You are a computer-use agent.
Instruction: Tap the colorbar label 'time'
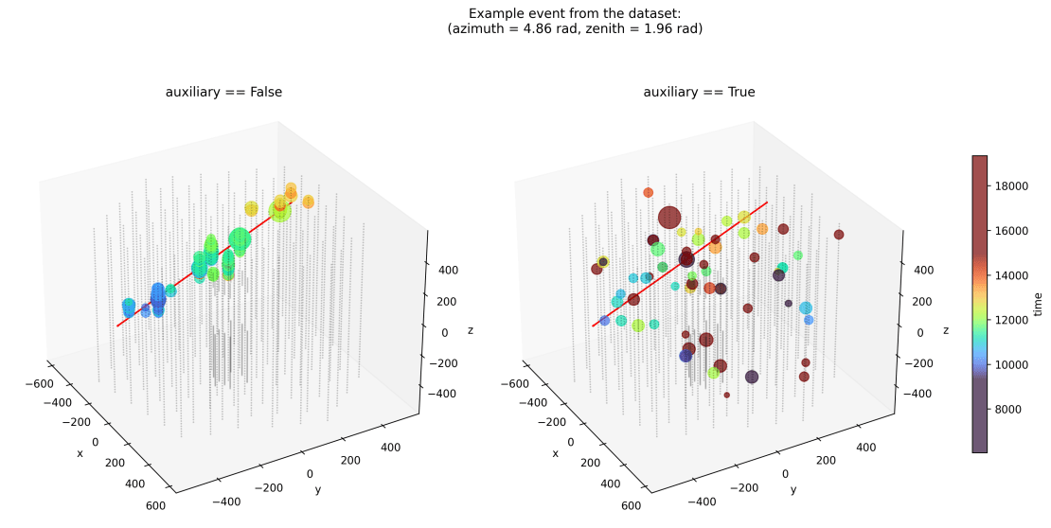click(x=1038, y=304)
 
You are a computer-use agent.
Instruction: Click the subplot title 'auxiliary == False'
click(x=223, y=92)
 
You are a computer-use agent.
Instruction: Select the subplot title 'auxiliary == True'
click(x=699, y=92)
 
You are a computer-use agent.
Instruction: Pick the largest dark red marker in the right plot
click(x=669, y=218)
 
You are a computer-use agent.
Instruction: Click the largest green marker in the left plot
click(x=240, y=240)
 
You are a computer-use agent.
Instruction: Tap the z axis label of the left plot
click(x=470, y=330)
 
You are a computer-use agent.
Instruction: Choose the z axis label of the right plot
click(x=945, y=330)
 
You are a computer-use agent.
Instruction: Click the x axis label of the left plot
click(x=80, y=453)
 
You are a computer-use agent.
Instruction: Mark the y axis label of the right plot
click(x=793, y=489)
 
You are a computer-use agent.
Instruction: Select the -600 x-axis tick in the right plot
click(x=513, y=384)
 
